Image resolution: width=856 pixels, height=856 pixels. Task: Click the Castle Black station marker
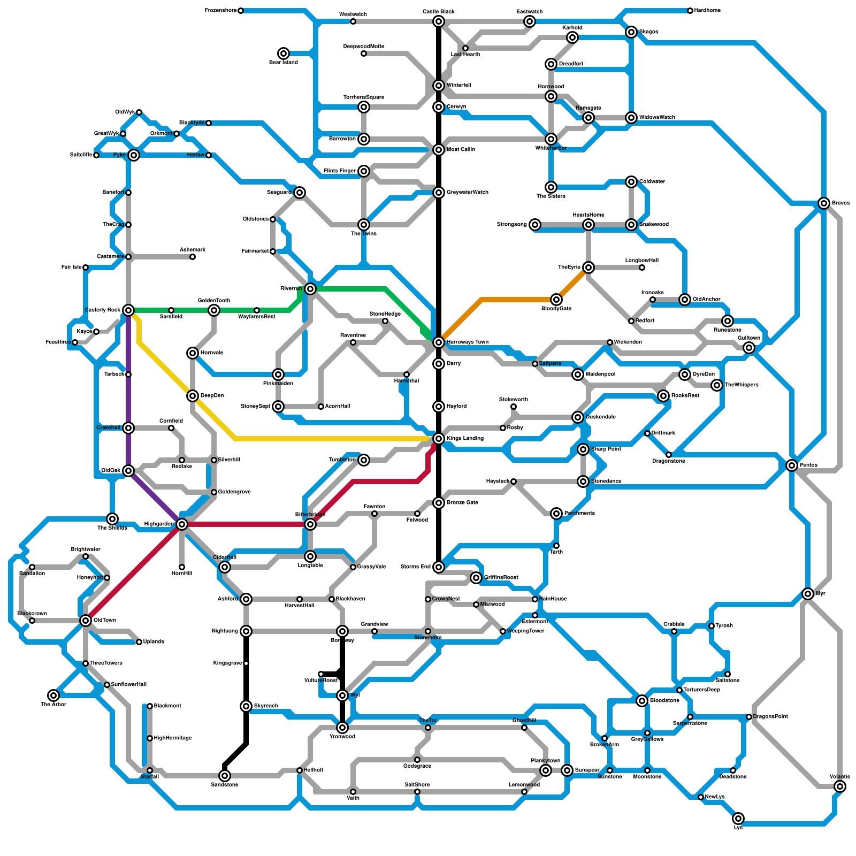pyautogui.click(x=439, y=21)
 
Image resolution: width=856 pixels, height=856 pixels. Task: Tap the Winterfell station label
pyautogui.click(x=458, y=86)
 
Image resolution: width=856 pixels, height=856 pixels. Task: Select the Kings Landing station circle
pyautogui.click(x=439, y=439)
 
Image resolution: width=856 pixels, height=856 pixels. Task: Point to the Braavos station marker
pyautogui.click(x=824, y=203)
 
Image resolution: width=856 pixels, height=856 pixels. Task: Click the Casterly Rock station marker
pyautogui.click(x=128, y=310)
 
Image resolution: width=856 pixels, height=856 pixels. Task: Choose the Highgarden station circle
pyautogui.click(x=182, y=524)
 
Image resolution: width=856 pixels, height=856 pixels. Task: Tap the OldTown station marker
pyautogui.click(x=86, y=621)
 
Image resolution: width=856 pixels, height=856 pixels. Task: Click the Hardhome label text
pyautogui.click(x=707, y=11)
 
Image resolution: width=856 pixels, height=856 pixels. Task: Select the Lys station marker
pyautogui.click(x=738, y=819)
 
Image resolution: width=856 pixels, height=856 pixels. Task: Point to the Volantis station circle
pyautogui.click(x=840, y=786)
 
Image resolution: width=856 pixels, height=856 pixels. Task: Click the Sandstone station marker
pyautogui.click(x=225, y=776)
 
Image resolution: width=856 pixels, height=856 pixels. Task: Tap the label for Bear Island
pyautogui.click(x=284, y=63)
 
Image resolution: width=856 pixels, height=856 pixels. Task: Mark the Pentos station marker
pyautogui.click(x=792, y=465)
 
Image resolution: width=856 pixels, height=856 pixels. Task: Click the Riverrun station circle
pyautogui.click(x=310, y=289)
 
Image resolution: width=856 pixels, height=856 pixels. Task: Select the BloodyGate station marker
pyautogui.click(x=556, y=300)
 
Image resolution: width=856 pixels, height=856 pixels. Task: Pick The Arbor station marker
pyautogui.click(x=53, y=695)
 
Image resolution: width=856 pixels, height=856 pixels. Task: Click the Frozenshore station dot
pyautogui.click(x=241, y=11)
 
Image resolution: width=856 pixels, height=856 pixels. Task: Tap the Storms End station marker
pyautogui.click(x=439, y=567)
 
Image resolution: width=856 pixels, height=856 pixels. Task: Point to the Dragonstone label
pyautogui.click(x=669, y=461)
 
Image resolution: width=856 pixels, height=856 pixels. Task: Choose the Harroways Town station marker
pyautogui.click(x=439, y=342)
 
